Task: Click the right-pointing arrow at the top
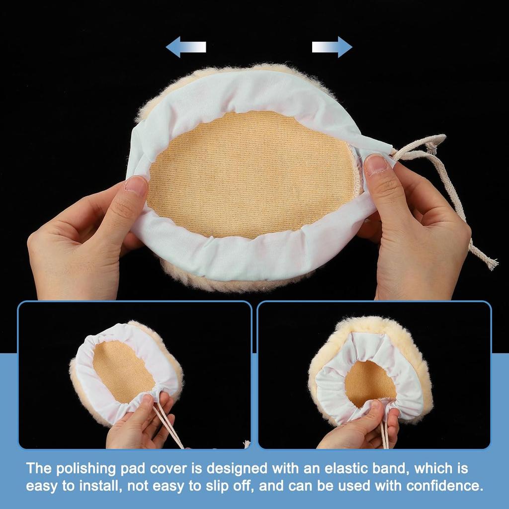click(x=332, y=47)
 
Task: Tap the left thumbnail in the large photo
click(x=136, y=185)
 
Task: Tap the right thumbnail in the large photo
click(x=376, y=165)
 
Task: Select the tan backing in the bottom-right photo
click(x=370, y=383)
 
